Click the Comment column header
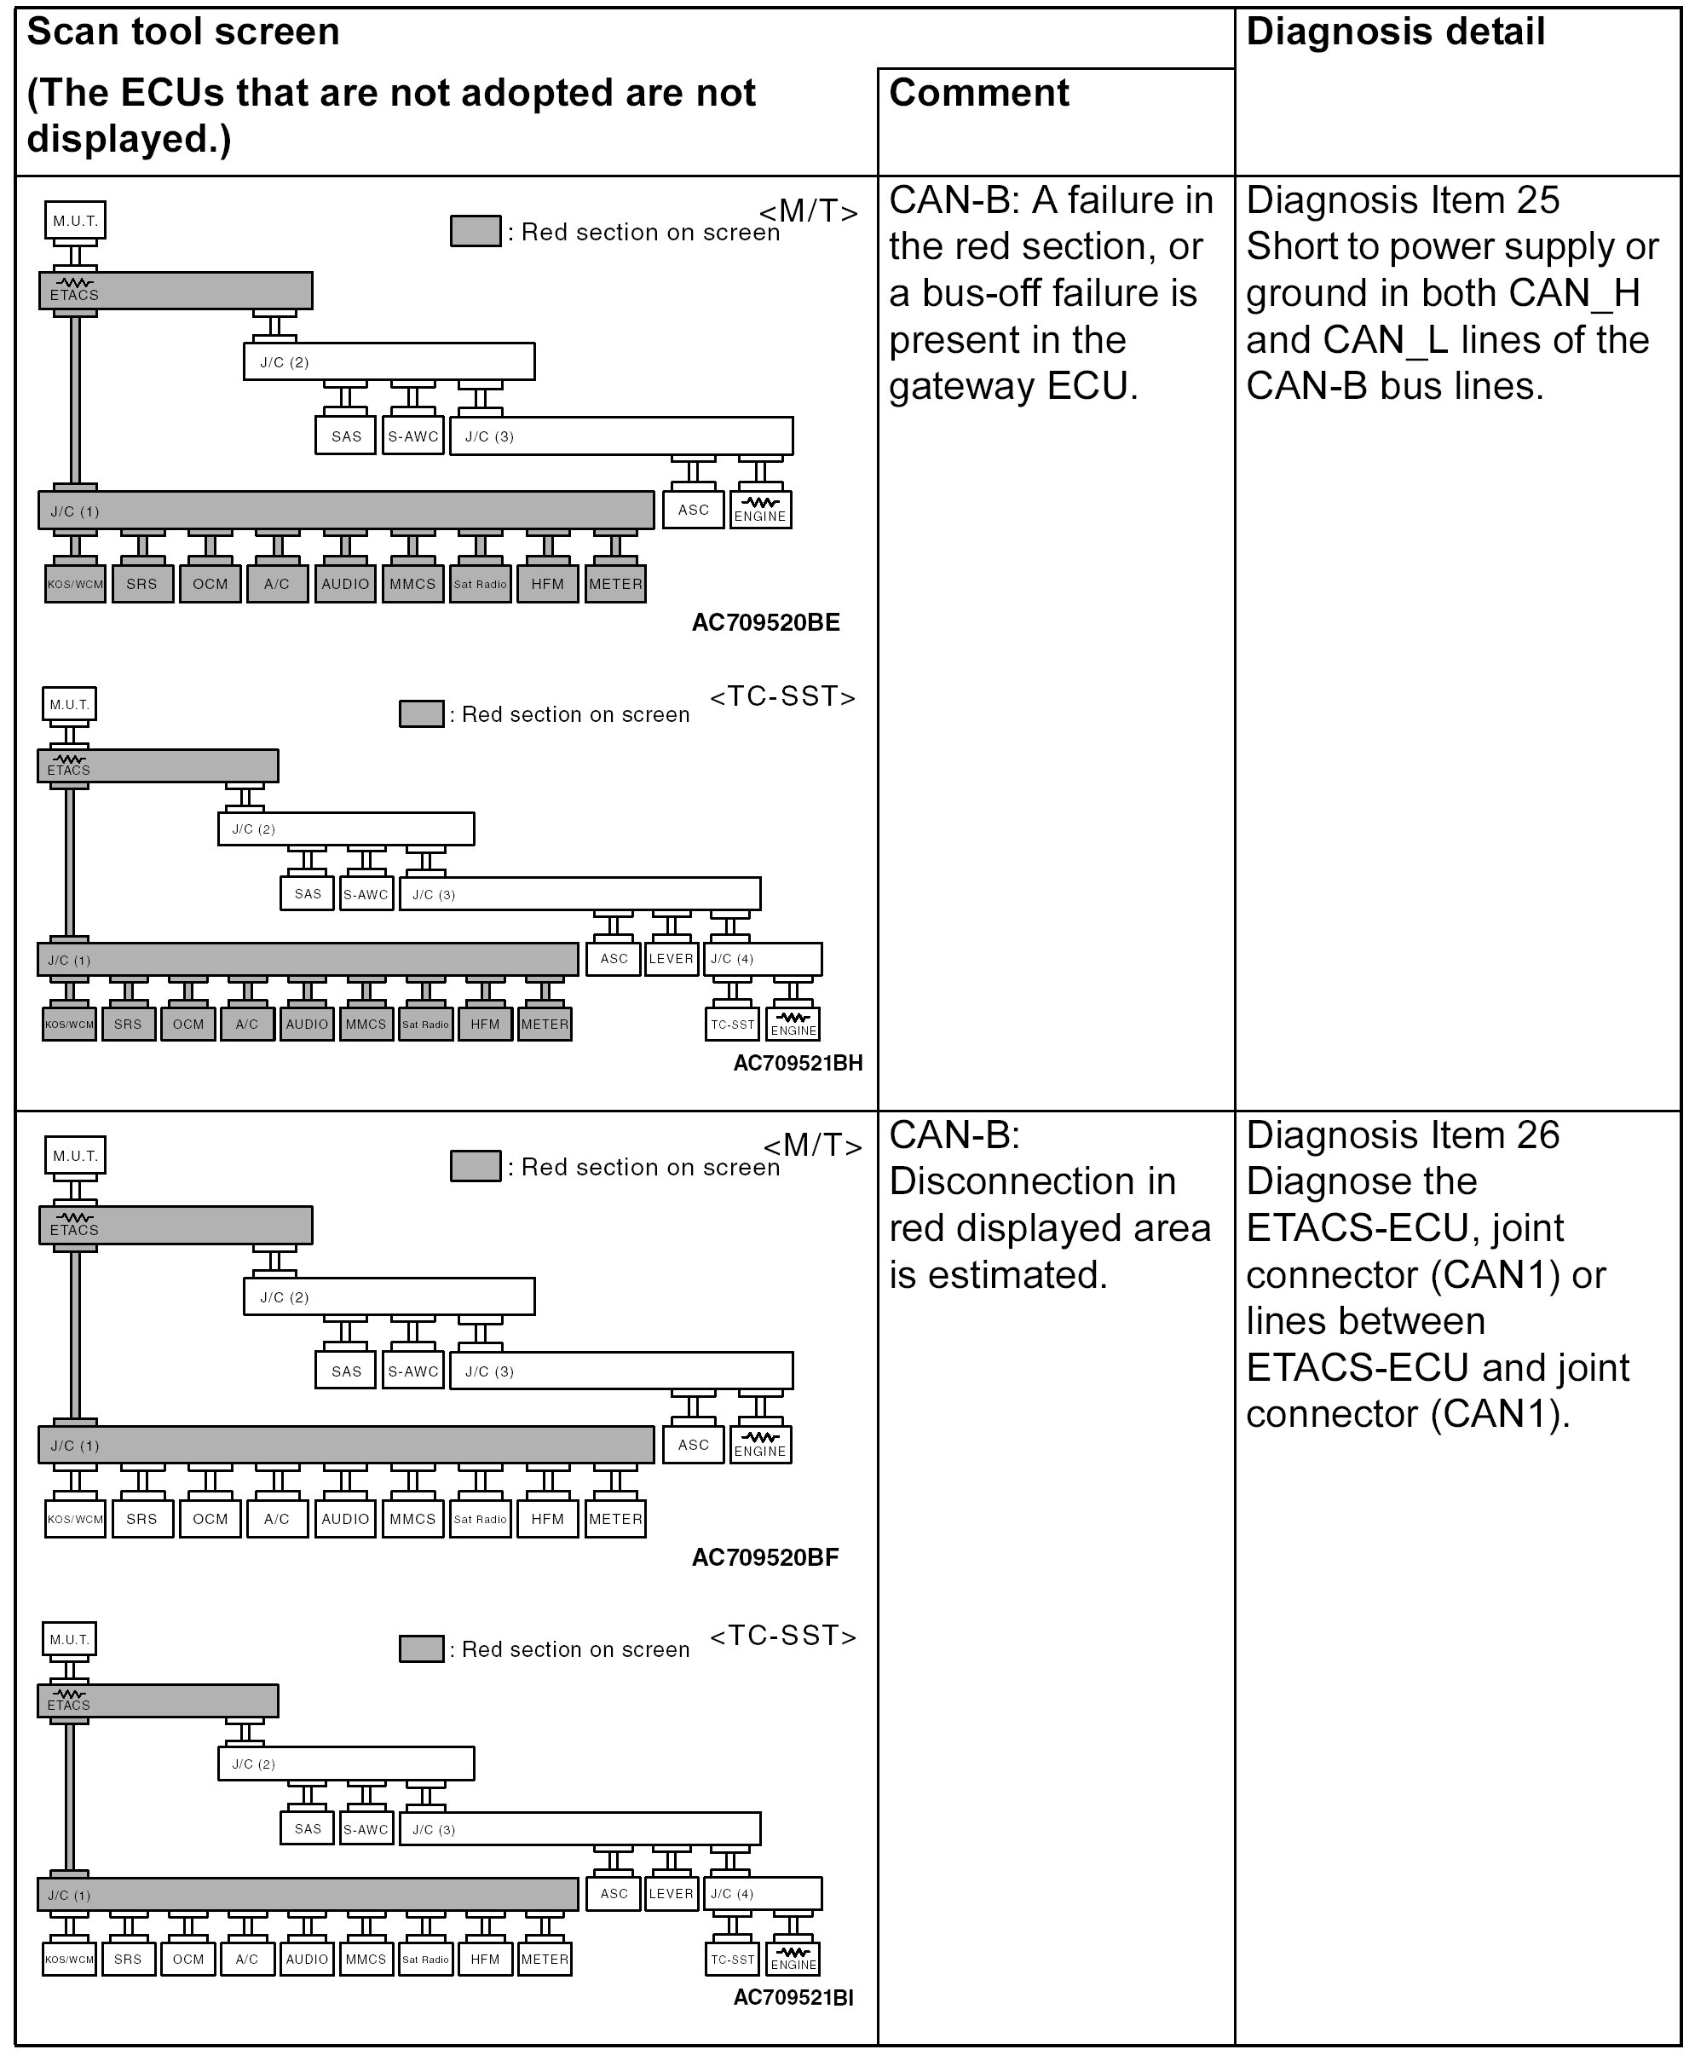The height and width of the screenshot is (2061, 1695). click(978, 94)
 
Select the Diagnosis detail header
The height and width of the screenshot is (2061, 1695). click(1395, 32)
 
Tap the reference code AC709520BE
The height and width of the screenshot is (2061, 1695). click(765, 623)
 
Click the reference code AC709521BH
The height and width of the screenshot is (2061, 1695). click(798, 1063)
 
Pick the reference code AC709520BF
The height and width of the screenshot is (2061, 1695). click(765, 1557)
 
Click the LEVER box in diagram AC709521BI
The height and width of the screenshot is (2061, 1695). click(671, 1893)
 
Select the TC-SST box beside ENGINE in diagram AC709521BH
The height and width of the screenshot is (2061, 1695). click(732, 1025)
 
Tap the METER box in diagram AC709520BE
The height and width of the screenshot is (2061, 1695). click(615, 584)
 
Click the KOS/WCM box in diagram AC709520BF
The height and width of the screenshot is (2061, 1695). click(75, 1519)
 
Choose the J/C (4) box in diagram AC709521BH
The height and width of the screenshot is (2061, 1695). click(762, 959)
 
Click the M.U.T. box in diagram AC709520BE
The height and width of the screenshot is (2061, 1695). click(75, 221)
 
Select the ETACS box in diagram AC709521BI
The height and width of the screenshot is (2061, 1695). click(157, 1700)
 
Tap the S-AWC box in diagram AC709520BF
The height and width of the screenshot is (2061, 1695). click(413, 1371)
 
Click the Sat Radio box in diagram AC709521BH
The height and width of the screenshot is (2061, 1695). click(426, 1025)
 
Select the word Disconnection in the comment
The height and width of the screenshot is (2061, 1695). click(1032, 1181)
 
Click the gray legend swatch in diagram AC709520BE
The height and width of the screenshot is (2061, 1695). click(476, 231)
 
